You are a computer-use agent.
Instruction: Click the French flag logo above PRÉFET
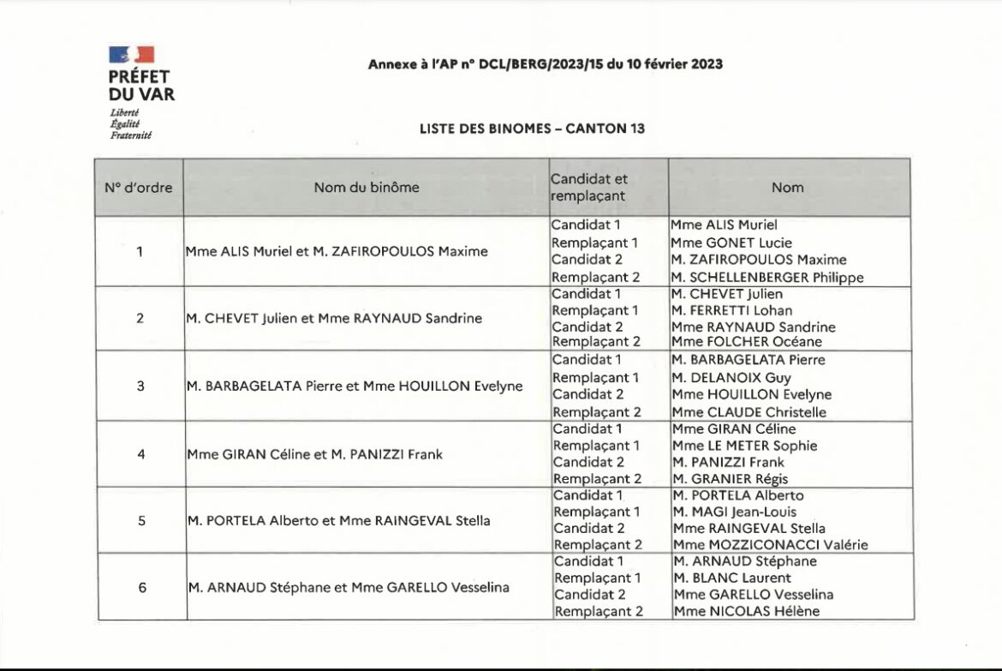(x=131, y=55)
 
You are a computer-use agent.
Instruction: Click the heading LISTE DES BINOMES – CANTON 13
(x=532, y=129)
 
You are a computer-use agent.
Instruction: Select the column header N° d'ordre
(x=138, y=188)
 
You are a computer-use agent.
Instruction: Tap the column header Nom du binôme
(x=367, y=188)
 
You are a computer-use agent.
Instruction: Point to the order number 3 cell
(x=140, y=386)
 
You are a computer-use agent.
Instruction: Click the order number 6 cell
(x=142, y=587)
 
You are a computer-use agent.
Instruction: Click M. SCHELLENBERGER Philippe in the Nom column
(x=767, y=278)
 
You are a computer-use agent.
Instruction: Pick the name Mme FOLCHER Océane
(x=735, y=342)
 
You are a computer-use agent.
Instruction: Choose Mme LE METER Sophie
(x=745, y=446)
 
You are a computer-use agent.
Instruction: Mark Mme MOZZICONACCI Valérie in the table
(x=770, y=545)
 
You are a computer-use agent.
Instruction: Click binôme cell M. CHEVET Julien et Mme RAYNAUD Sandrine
(x=334, y=319)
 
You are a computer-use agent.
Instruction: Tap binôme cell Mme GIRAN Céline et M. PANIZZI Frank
(x=314, y=454)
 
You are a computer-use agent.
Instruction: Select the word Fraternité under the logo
(x=130, y=135)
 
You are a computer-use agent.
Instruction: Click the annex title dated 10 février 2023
(x=546, y=64)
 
